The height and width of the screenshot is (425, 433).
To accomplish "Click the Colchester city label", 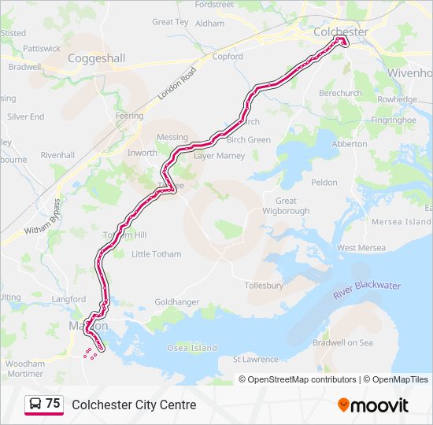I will click(340, 31).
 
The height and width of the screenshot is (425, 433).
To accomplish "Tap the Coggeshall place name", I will click(96, 58).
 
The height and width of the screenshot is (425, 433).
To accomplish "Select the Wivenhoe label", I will click(409, 72).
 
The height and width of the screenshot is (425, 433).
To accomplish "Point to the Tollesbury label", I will click(264, 286).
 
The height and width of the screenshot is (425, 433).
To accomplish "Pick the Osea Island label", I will click(192, 348).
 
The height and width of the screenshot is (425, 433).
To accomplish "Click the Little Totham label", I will click(156, 254).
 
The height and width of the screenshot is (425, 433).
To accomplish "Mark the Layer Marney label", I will click(220, 156).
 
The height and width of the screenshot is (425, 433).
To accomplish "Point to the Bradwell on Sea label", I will click(342, 342).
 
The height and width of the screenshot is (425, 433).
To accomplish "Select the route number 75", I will click(53, 404).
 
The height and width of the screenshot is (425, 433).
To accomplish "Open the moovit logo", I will click(373, 405).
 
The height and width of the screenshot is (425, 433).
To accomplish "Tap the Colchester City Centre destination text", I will click(134, 405).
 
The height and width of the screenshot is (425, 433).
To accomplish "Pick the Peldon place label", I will click(324, 183).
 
